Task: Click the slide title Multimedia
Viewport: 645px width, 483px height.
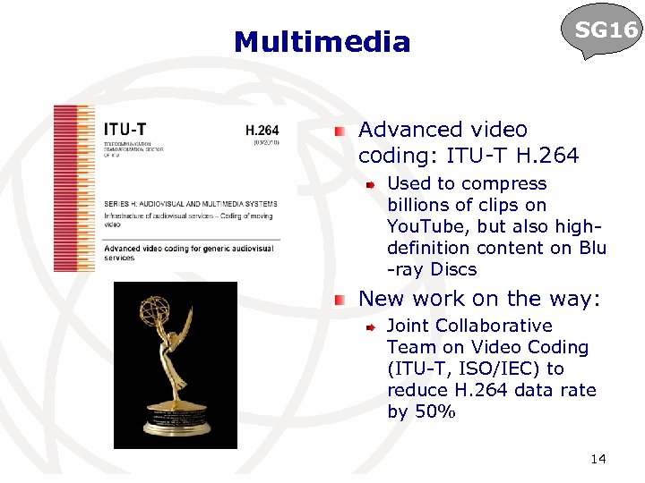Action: coord(322,42)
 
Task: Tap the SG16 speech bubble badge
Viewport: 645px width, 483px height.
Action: coord(606,31)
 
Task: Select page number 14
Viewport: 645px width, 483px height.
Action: coord(598,460)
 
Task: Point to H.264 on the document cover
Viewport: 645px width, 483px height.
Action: coord(262,129)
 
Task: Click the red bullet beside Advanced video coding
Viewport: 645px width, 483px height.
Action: coord(340,131)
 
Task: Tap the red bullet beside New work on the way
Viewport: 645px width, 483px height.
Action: coord(340,300)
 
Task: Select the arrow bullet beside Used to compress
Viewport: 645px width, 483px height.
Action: coord(369,185)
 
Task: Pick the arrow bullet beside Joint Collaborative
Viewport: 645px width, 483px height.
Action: coord(369,327)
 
